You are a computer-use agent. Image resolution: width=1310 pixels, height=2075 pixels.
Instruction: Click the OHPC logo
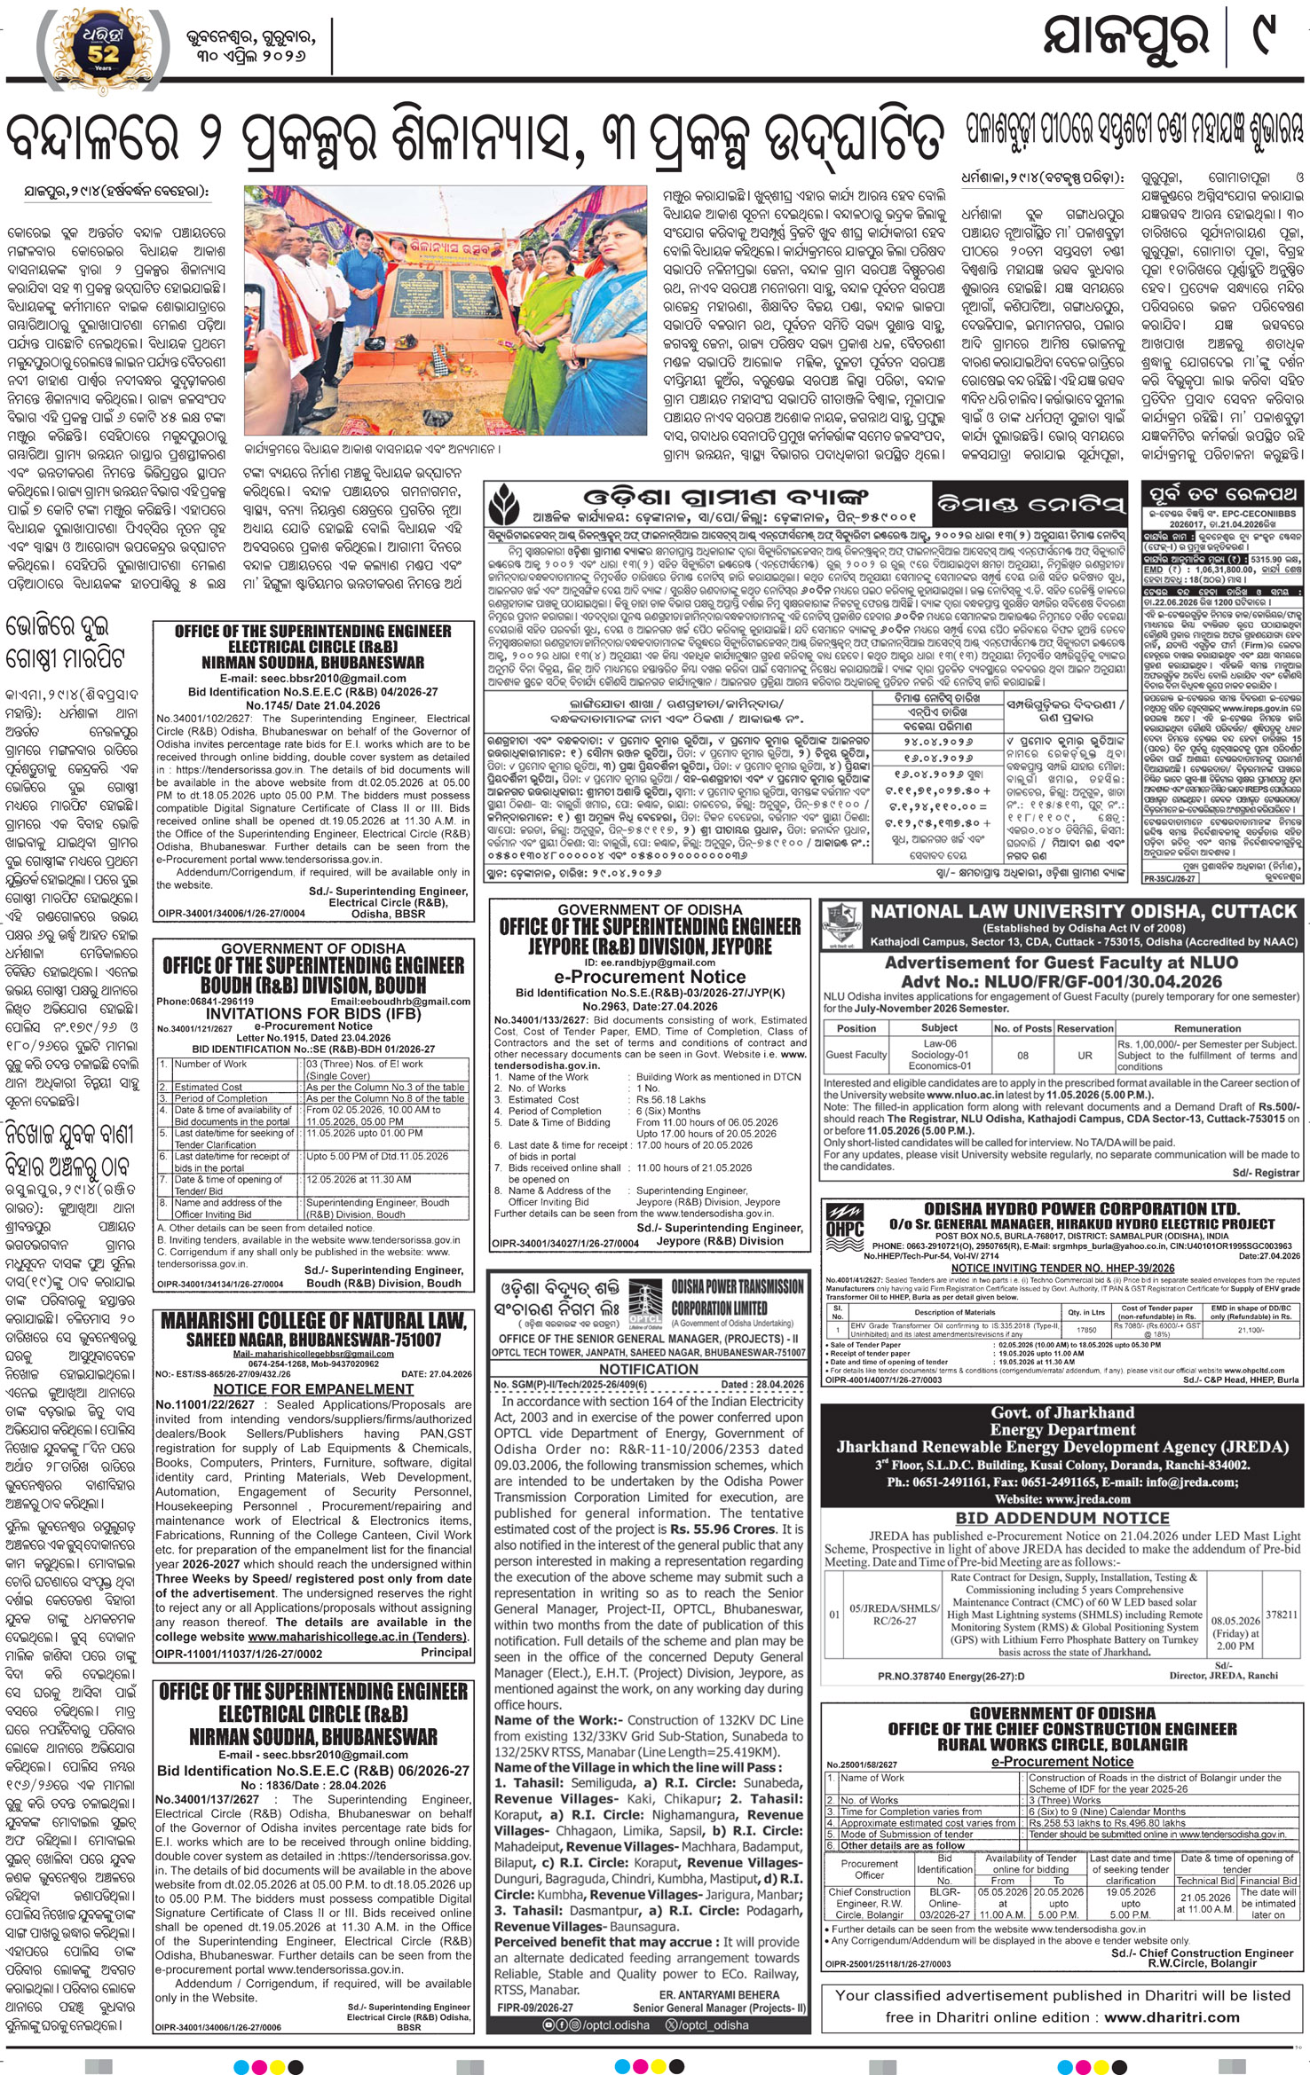coord(844,1224)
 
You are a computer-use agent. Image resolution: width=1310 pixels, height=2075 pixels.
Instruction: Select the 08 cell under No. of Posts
coord(1022,1056)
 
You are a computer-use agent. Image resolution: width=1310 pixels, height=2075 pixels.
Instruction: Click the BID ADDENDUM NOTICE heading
coord(1061,1518)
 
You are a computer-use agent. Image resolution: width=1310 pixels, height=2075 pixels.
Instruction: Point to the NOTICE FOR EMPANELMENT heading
coord(313,1388)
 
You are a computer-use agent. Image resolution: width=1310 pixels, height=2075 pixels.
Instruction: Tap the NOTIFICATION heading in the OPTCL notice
coord(649,1369)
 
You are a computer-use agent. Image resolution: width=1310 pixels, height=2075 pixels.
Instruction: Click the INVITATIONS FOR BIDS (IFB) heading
coord(312,1013)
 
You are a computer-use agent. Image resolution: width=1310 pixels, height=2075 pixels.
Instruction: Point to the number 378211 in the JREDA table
coord(1282,1615)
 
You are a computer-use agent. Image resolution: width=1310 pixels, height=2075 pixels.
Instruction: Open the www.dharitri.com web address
coord(1172,2016)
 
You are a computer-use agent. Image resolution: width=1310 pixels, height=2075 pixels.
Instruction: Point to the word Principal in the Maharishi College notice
coord(446,1652)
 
